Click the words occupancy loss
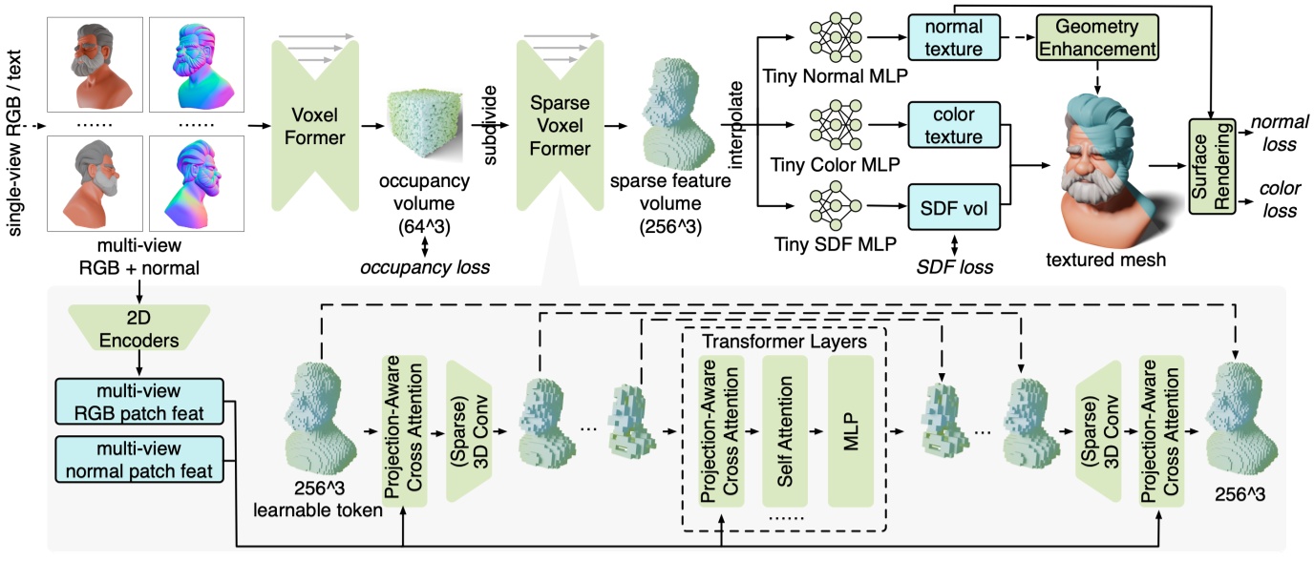pos(426,268)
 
